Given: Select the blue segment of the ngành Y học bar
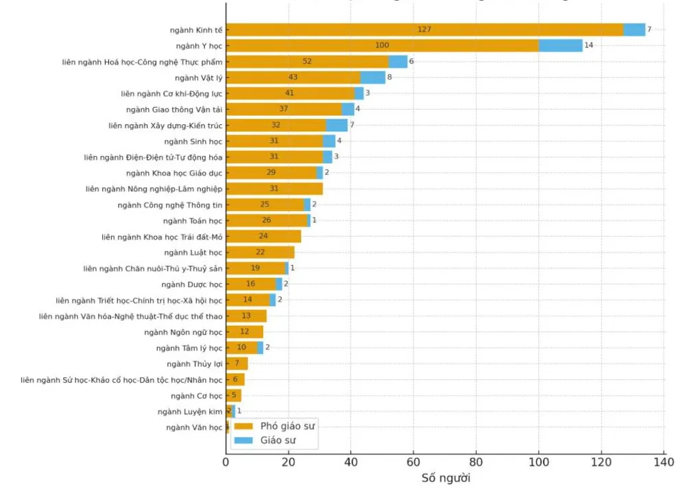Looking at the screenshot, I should (x=560, y=45).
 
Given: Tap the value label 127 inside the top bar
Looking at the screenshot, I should (x=424, y=29).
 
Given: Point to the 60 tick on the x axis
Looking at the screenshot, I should (x=414, y=462).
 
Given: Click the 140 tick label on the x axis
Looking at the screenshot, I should (x=663, y=462).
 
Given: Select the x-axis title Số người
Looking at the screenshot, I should (x=446, y=478).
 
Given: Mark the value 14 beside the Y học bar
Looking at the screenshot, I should (x=589, y=45).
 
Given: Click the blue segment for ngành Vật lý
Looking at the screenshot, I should (x=372, y=77).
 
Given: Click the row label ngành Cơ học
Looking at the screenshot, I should (x=197, y=396).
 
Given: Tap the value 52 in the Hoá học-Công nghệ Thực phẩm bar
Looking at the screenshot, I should (x=307, y=61).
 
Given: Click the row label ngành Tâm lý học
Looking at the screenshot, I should (x=189, y=348).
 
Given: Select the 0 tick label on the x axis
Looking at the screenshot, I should (x=226, y=462).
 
